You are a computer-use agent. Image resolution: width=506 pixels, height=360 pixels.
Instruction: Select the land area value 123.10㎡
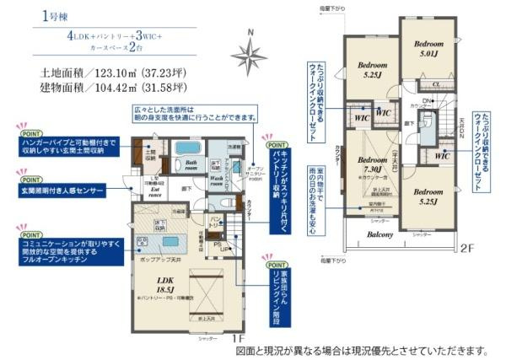pos(92,73)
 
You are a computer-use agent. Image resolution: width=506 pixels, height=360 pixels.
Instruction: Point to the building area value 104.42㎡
pos(92,88)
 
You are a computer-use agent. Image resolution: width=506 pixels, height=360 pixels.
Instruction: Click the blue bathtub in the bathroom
pos(187,149)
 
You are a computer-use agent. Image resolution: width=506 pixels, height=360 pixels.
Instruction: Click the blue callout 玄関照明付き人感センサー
pos(58,191)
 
